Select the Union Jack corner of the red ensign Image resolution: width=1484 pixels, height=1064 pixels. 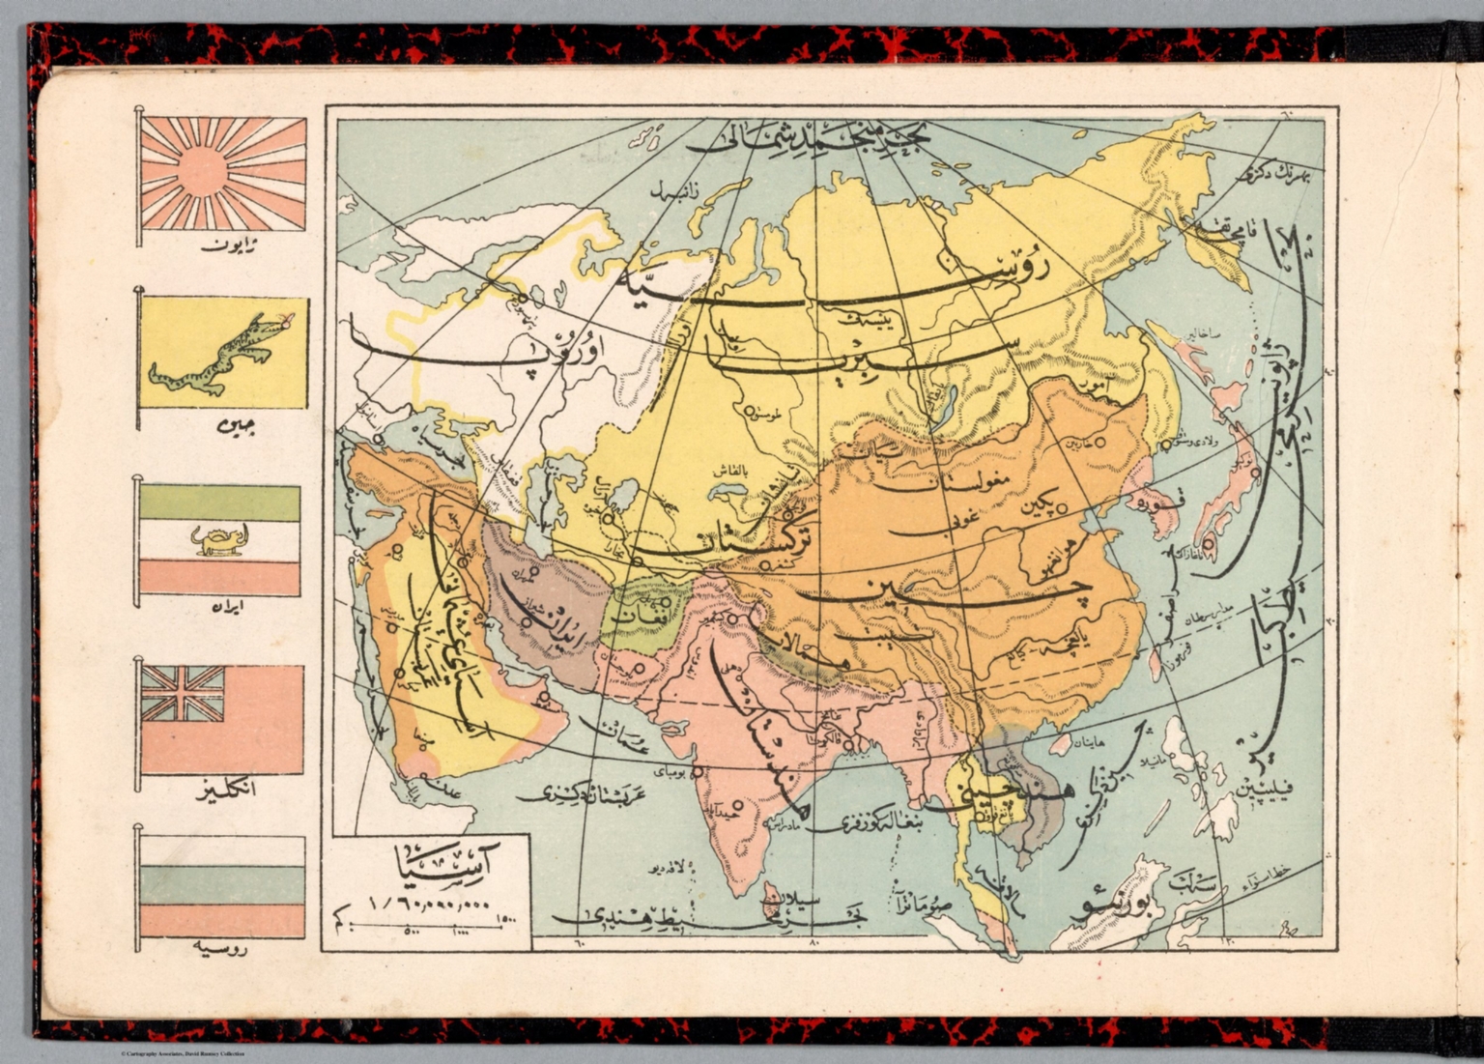183,694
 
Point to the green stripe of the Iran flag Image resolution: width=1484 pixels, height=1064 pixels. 220,503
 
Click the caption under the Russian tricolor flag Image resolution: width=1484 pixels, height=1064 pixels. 219,949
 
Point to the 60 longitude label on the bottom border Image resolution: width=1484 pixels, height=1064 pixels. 579,940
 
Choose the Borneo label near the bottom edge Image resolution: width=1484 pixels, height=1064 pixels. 1111,908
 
